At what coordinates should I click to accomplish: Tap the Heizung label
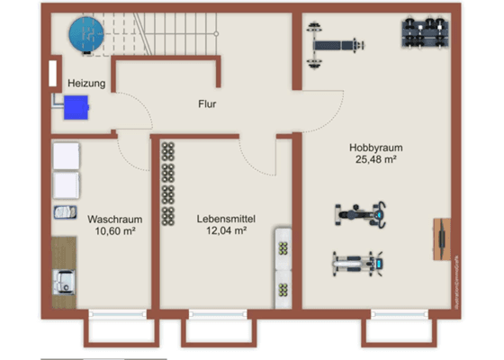tap(86, 84)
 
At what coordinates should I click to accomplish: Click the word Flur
tap(207, 103)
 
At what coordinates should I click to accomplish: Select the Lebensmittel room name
tap(221, 218)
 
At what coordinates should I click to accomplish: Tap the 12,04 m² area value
tap(221, 230)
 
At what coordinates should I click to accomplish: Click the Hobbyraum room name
tap(375, 148)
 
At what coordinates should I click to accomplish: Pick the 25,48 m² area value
tap(376, 160)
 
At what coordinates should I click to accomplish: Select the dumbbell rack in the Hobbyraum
tap(426, 31)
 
